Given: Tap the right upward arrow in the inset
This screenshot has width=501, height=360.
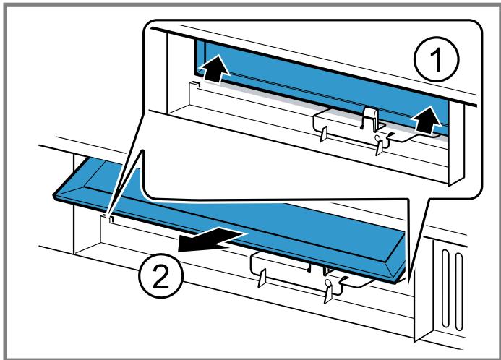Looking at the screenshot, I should point(427,119).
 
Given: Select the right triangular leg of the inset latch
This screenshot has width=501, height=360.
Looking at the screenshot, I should point(375,145).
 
